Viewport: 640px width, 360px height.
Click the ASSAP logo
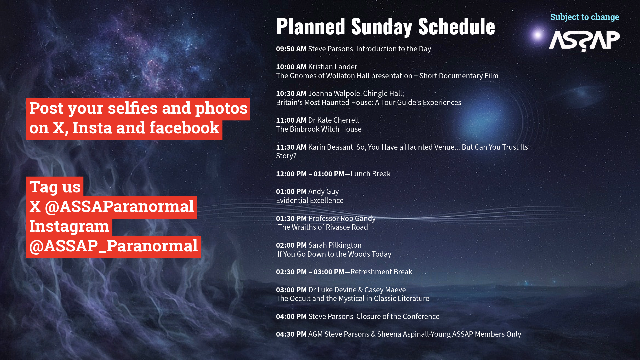[x=584, y=41]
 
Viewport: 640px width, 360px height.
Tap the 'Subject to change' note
[x=585, y=17]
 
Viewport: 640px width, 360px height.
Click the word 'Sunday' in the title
[x=382, y=27]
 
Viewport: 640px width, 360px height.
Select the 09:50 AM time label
[x=291, y=49]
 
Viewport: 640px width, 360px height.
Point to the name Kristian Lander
[x=333, y=67]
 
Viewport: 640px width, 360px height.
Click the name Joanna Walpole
[x=334, y=94]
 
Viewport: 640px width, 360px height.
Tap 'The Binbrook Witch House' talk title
[x=319, y=129]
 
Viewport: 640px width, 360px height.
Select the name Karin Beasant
[x=331, y=147]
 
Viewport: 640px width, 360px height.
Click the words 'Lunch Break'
[x=370, y=174]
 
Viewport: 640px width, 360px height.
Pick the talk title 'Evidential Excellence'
[x=310, y=200]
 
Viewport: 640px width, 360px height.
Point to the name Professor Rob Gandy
[x=342, y=218]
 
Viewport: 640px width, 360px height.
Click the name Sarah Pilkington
[x=335, y=245]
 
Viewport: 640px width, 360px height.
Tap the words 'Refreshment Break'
[x=381, y=272]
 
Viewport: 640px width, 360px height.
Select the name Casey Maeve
[x=385, y=290]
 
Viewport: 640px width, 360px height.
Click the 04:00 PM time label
[x=291, y=316]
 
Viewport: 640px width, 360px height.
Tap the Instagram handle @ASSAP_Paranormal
[x=113, y=246]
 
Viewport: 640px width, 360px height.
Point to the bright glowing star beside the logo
[x=537, y=35]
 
